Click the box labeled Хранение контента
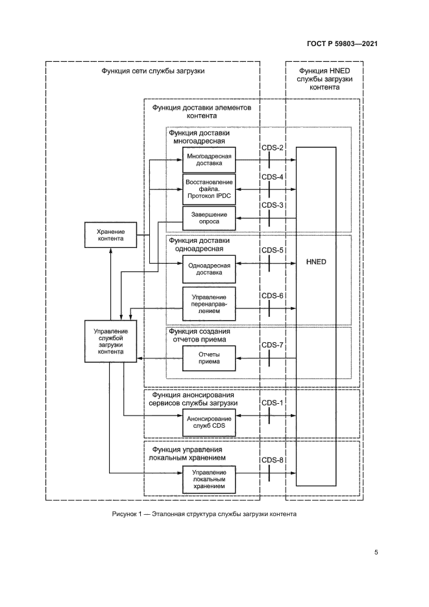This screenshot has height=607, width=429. [x=110, y=234]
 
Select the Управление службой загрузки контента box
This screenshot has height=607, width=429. [x=110, y=342]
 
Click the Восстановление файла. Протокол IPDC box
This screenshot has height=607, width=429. [x=208, y=189]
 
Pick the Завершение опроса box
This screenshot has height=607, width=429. [x=208, y=218]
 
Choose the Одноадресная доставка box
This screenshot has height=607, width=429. [x=208, y=269]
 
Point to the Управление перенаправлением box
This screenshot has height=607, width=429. [x=208, y=303]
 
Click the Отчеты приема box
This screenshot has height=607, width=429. [x=208, y=358]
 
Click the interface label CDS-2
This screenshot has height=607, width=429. [x=273, y=148]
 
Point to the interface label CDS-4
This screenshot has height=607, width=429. [x=273, y=177]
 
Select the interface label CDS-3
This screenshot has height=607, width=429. [x=273, y=205]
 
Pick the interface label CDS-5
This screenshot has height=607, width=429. [x=273, y=250]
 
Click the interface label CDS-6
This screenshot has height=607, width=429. [x=273, y=296]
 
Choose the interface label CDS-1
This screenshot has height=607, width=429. [x=273, y=403]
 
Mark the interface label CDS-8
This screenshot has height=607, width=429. [x=273, y=461]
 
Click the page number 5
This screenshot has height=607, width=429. [x=376, y=553]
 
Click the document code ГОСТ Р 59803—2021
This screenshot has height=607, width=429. [x=342, y=44]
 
